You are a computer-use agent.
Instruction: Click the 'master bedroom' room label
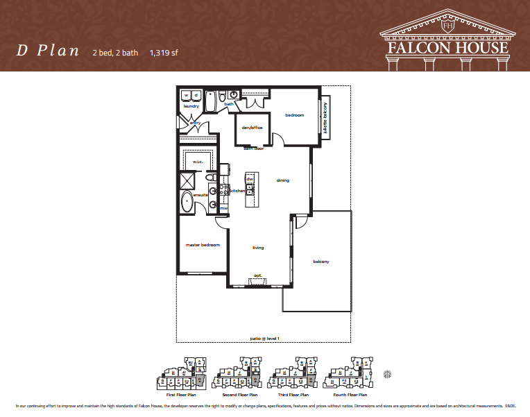coord(202,245)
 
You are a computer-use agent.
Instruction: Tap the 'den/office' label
coord(250,128)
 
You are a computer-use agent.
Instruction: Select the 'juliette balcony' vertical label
coord(325,120)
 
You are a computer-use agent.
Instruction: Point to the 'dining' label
coord(282,181)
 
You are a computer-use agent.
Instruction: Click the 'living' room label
coord(257,248)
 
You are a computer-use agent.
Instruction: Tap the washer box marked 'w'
coord(187,95)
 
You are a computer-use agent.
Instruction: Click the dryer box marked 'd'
coord(196,95)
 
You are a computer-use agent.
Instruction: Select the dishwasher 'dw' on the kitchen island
coord(250,179)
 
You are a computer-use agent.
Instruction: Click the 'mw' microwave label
coord(223,208)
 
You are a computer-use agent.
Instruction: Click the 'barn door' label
coord(253,148)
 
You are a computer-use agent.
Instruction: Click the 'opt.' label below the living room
coord(257,275)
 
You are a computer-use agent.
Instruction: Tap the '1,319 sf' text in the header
coord(164,51)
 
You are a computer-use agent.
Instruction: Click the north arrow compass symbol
coord(387,375)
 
